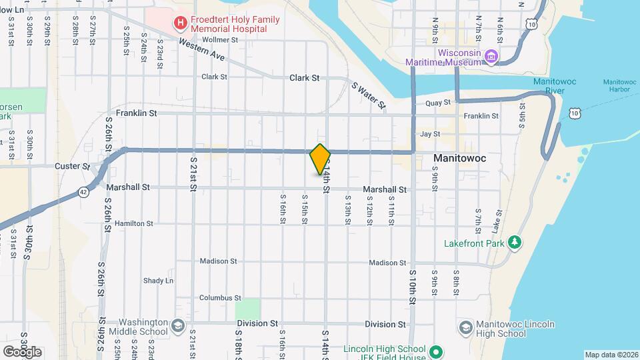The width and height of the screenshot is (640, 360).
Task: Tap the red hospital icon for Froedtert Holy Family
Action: coord(179,24)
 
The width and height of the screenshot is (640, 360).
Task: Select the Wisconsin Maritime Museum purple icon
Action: coord(491,57)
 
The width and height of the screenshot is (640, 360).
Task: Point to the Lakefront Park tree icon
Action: coord(514,243)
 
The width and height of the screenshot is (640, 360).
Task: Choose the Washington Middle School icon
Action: coord(177,327)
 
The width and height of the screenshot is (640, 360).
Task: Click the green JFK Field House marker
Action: coord(436,351)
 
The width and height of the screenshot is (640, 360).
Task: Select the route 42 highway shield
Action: coord(82,191)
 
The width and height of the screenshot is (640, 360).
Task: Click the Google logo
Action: coord(22,351)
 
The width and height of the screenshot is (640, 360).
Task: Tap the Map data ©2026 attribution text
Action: coord(611,355)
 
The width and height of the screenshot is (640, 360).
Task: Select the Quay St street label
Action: coord(438,103)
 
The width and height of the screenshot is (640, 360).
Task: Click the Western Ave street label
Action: coord(202,51)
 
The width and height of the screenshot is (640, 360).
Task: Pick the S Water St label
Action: coord(369,96)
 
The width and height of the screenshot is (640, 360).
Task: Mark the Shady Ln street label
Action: coord(158,281)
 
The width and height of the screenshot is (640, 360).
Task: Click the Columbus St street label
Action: coord(219,298)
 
